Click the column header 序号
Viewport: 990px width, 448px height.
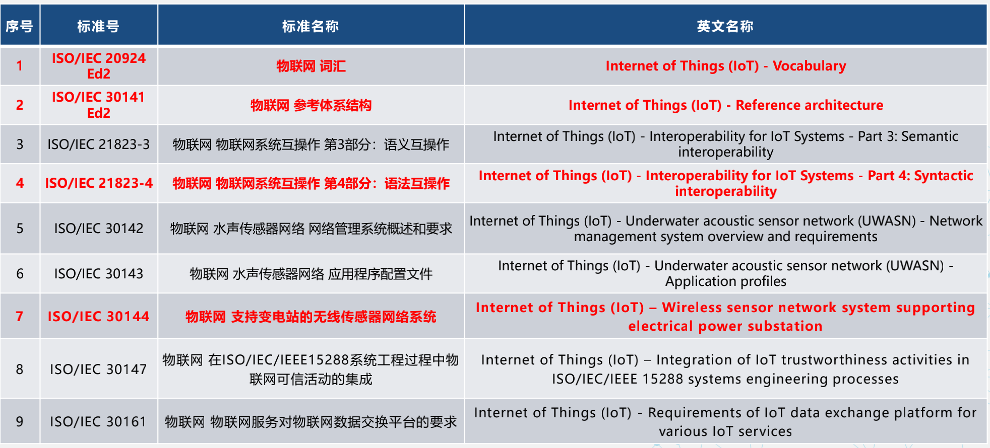click(20, 26)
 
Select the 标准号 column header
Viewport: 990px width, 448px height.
click(98, 26)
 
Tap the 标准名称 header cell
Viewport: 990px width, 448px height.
click(311, 26)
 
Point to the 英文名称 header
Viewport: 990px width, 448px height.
click(725, 26)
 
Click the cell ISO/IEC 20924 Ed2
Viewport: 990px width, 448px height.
click(98, 66)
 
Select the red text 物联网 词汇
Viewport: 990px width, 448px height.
click(311, 66)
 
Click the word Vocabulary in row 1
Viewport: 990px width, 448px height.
click(809, 66)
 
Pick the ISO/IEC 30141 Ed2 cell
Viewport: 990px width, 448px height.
click(98, 105)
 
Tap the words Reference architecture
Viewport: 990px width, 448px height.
click(809, 105)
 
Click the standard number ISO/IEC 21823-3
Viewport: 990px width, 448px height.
click(98, 144)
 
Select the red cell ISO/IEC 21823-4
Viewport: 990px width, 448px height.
click(98, 183)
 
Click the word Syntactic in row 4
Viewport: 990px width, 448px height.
click(943, 176)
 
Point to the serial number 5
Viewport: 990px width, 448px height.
click(20, 229)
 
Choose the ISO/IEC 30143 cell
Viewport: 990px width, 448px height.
click(98, 274)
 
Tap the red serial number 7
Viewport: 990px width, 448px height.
click(20, 317)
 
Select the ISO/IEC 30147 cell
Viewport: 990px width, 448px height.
click(98, 369)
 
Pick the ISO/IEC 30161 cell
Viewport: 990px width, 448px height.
click(98, 422)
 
